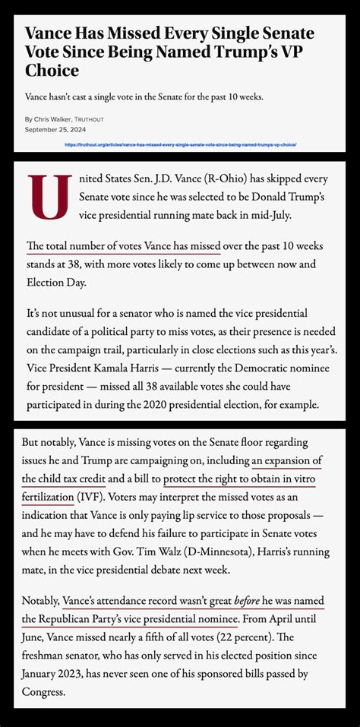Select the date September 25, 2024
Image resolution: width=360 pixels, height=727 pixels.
click(x=58, y=130)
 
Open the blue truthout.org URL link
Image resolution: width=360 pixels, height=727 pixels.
click(x=181, y=144)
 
